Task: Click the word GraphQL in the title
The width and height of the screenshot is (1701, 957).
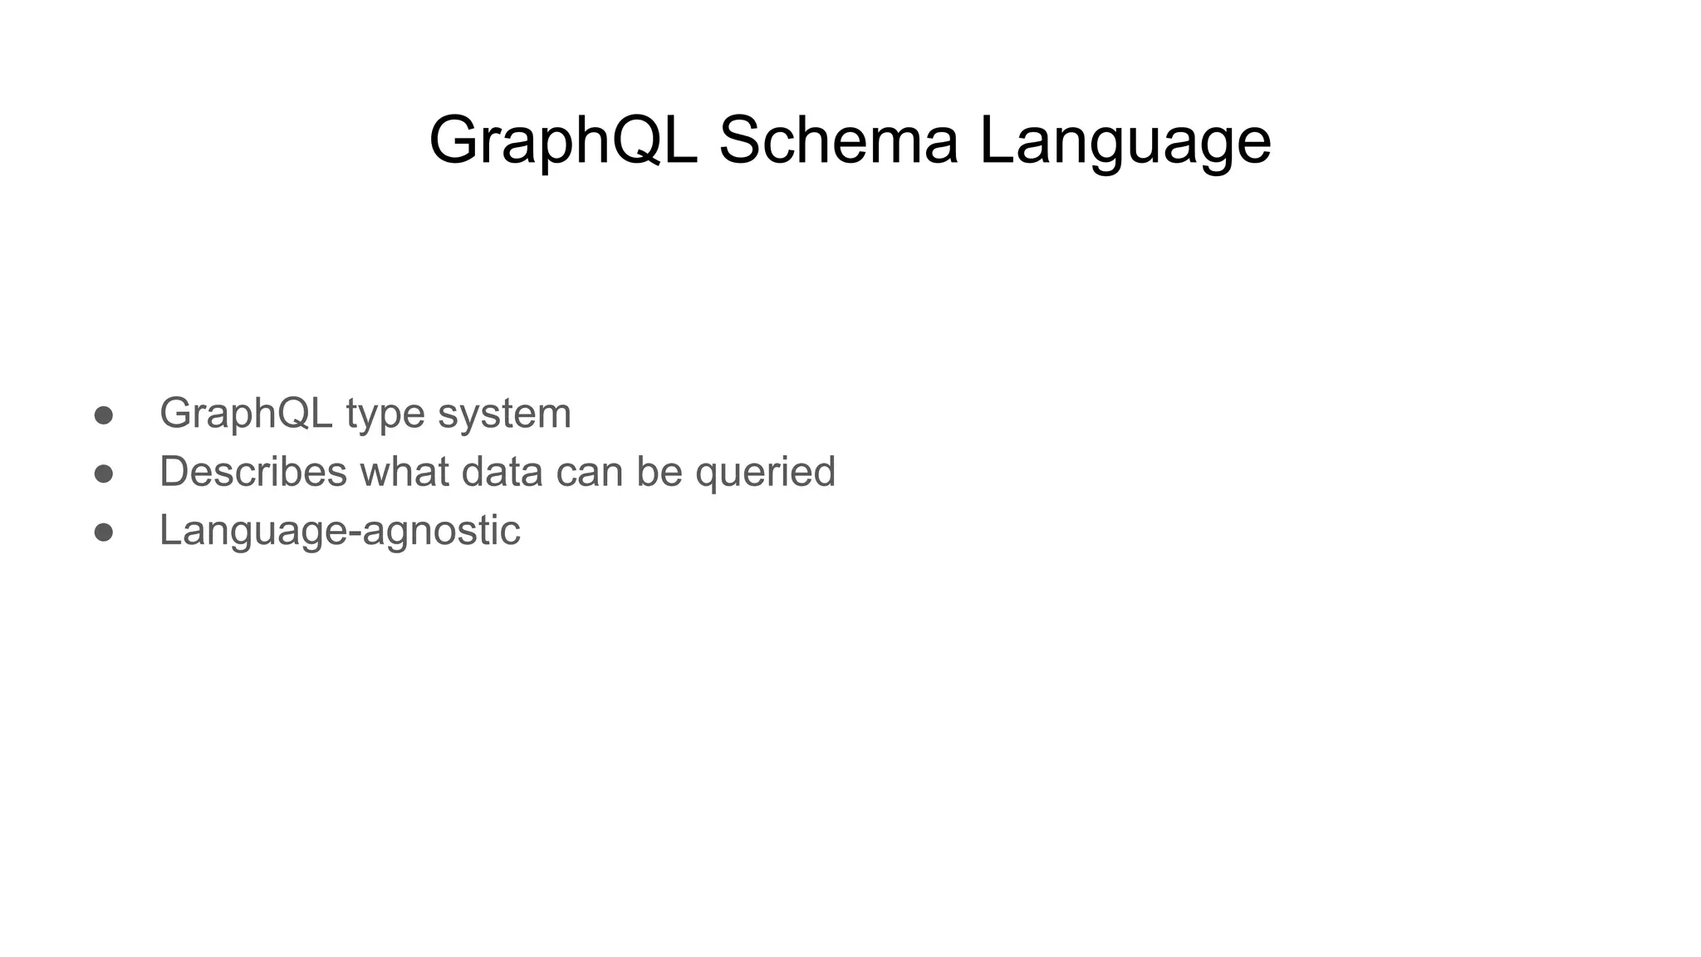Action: coord(563,141)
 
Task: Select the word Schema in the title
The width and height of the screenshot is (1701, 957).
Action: coord(838,141)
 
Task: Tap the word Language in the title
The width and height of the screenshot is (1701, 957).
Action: coord(1125,141)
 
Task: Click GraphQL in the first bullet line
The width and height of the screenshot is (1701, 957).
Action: coord(246,414)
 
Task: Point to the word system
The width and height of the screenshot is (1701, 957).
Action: coord(504,414)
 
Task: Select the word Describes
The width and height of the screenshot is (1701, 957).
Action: coord(253,472)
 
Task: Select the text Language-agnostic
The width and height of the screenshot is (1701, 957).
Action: coord(340,531)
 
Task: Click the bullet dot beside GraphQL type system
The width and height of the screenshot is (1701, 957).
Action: coord(104,415)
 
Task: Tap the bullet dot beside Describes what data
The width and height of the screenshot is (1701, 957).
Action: coord(104,474)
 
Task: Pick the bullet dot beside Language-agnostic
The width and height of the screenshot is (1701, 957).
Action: coord(104,532)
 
